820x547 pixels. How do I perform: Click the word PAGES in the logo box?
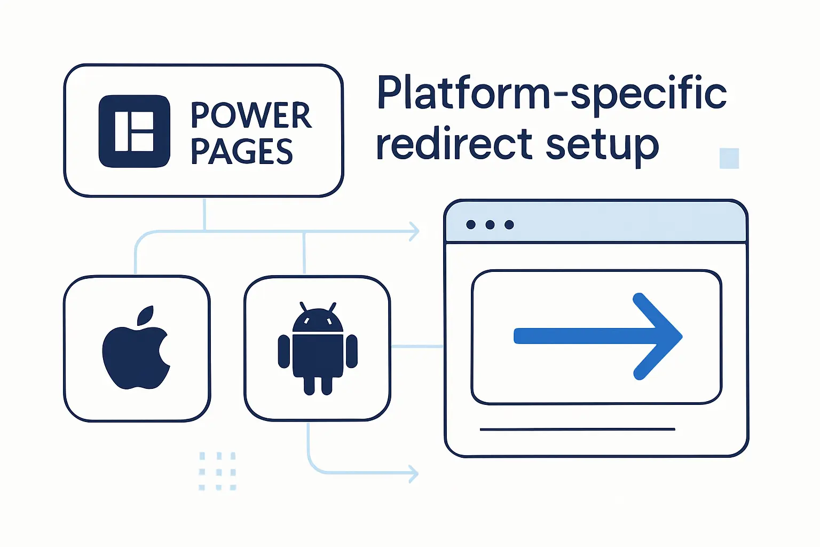[242, 151]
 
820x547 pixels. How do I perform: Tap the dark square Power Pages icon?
[135, 131]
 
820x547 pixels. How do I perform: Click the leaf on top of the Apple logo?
[146, 315]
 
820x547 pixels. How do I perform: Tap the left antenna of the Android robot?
[304, 307]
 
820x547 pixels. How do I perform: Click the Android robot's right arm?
[352, 351]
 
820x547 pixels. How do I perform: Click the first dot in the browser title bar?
[471, 224]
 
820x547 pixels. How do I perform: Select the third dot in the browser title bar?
[509, 224]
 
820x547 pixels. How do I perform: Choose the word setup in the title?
[603, 145]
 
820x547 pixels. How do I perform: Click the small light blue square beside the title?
[729, 158]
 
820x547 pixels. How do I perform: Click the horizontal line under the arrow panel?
[577, 429]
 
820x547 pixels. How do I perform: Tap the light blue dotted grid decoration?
[217, 471]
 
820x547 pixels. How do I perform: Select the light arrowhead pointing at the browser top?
[414, 231]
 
